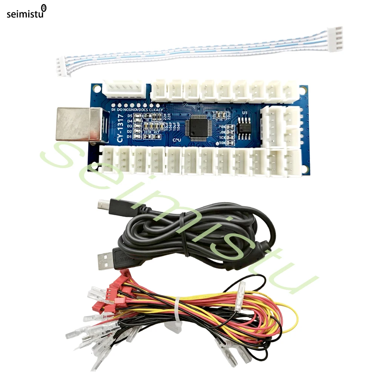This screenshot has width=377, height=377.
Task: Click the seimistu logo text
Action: [x=25, y=14]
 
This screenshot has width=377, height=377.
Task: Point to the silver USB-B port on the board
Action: [x=77, y=124]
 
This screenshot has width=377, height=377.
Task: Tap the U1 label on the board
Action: [x=245, y=113]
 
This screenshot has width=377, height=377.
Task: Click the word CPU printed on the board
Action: [x=177, y=139]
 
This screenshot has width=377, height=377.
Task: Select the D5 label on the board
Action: [x=130, y=115]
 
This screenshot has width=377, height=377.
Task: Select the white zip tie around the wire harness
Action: [x=176, y=316]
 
